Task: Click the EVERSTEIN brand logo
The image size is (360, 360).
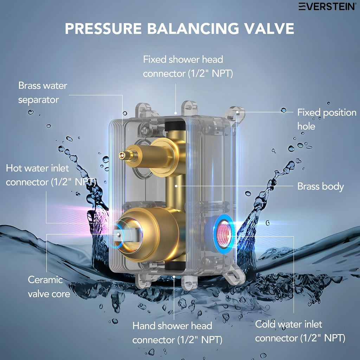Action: [x=327, y=6]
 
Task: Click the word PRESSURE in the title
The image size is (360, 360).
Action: [x=103, y=28]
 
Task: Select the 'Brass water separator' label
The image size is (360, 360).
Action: [x=43, y=92]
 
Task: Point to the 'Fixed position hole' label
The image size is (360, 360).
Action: [x=327, y=119]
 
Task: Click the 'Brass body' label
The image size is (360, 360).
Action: [x=321, y=186]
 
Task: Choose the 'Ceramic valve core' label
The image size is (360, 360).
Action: [x=49, y=287]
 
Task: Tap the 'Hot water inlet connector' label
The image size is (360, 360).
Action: [x=51, y=175]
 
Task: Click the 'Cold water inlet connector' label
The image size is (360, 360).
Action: [x=300, y=331]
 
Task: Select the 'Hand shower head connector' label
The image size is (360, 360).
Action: [x=177, y=333]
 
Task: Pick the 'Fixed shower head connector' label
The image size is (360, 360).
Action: [x=188, y=66]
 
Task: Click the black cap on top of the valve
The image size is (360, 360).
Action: [x=175, y=126]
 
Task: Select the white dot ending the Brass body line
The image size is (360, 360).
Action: [x=176, y=186]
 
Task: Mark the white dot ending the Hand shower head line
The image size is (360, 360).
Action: [x=174, y=276]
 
